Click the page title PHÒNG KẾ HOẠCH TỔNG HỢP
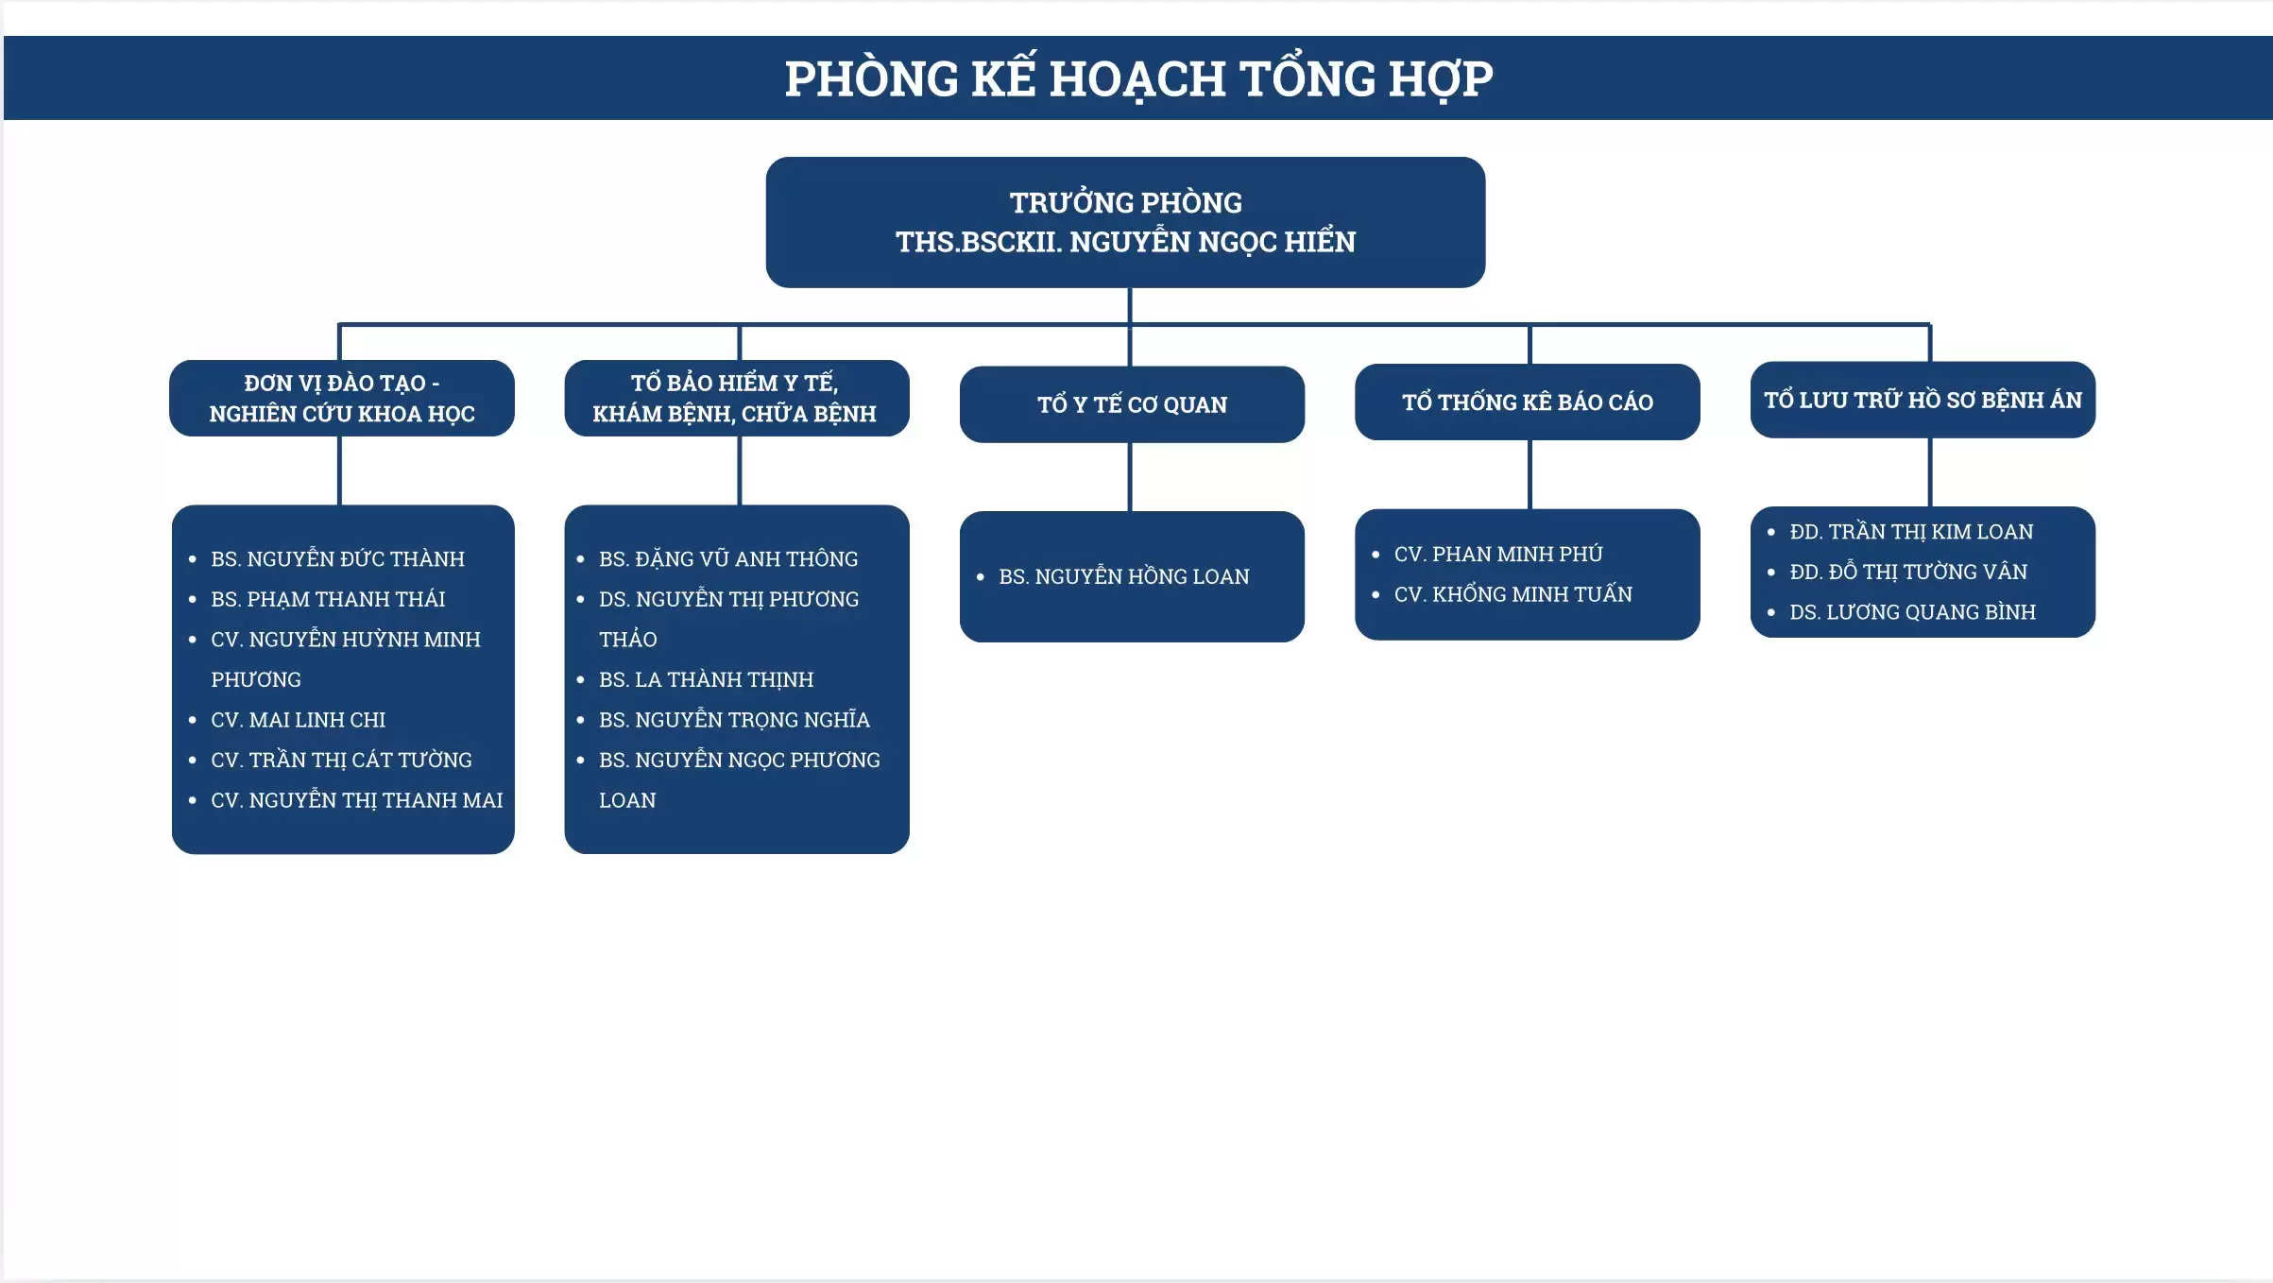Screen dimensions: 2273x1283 pyautogui.click(x=1138, y=78)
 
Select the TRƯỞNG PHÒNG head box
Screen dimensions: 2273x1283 pyautogui.click(x=1125, y=222)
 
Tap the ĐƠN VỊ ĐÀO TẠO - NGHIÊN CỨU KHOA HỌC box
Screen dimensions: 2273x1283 pyautogui.click(x=342, y=398)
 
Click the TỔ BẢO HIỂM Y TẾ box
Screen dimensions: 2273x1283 pyautogui.click(x=737, y=398)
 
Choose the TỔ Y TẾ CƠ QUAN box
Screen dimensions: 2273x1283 pyautogui.click(x=1132, y=404)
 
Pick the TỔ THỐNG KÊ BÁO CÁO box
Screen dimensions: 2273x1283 pyautogui.click(x=1528, y=402)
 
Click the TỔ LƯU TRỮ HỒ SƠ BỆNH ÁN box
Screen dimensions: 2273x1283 pyautogui.click(x=1923, y=400)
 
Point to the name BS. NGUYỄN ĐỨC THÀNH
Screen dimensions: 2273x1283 pyautogui.click(x=338, y=558)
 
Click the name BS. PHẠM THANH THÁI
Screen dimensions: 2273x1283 pyautogui.click(x=328, y=599)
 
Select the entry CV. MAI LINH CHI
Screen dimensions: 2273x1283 pyautogui.click(x=299, y=720)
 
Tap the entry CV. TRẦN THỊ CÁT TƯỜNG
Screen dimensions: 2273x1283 pyautogui.click(x=341, y=760)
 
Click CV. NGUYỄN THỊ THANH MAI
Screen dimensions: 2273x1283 pyautogui.click(x=357, y=800)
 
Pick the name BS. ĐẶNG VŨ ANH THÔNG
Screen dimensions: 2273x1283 pyautogui.click(x=728, y=558)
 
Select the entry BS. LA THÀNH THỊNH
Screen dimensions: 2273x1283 pyautogui.click(x=707, y=679)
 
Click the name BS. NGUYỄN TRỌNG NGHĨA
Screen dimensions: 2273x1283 pyautogui.click(x=734, y=719)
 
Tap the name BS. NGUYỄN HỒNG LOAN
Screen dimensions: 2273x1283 pyautogui.click(x=1124, y=576)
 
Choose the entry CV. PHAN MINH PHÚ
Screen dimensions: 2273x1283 pyautogui.click(x=1498, y=554)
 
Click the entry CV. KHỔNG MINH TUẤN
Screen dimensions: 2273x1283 pyautogui.click(x=1513, y=594)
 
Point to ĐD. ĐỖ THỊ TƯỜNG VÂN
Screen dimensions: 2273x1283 pyautogui.click(x=1908, y=572)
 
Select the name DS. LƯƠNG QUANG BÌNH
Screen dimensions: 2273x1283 pyautogui.click(x=1913, y=612)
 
